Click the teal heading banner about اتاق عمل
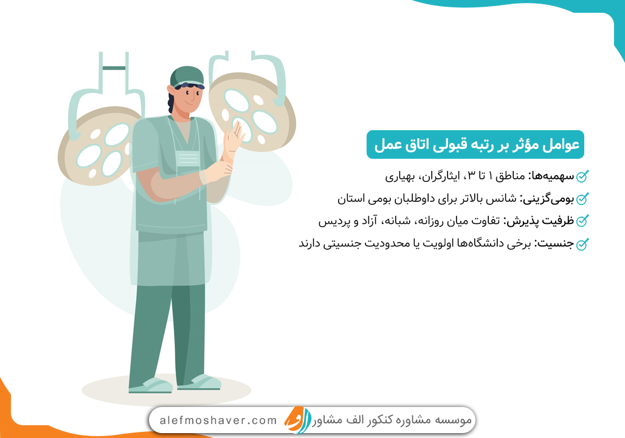[475, 145]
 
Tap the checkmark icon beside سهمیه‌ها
[582, 177]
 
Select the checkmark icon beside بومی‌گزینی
[582, 200]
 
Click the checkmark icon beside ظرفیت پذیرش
[582, 221]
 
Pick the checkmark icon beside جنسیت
[582, 244]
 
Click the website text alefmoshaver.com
[218, 420]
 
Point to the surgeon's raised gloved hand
[233, 141]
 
